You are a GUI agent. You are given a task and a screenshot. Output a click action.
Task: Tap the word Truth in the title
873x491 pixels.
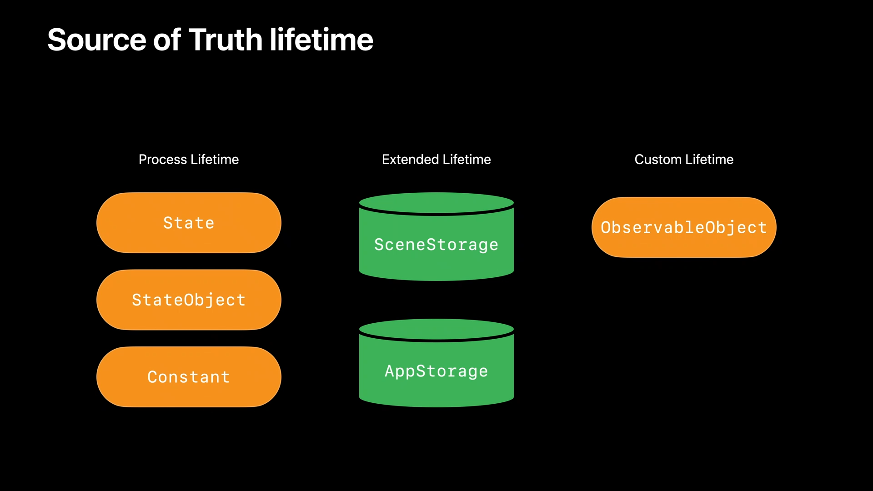click(226, 40)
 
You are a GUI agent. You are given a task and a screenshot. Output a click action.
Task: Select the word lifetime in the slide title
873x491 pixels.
click(321, 40)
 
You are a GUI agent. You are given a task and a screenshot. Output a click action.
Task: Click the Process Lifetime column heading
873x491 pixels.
click(189, 160)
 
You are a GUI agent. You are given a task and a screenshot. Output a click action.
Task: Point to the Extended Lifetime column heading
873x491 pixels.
click(436, 160)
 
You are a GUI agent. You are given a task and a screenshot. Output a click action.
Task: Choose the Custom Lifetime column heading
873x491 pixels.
click(684, 160)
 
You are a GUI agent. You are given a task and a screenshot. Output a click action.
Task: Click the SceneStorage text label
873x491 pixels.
click(436, 245)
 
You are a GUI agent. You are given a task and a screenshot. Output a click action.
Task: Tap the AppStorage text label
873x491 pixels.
click(436, 371)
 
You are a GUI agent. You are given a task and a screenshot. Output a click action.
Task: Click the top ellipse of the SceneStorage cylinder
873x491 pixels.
click(436, 202)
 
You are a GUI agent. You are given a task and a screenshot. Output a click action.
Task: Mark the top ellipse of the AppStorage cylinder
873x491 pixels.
click(436, 328)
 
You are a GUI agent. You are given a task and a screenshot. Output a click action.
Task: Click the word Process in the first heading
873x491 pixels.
click(163, 160)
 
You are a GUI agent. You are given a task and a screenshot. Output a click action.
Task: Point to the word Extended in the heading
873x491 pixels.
click(410, 160)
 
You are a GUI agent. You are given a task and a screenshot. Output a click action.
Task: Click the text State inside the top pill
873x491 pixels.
click(189, 223)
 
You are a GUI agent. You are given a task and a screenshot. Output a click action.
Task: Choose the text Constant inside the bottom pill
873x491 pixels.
click(189, 377)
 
